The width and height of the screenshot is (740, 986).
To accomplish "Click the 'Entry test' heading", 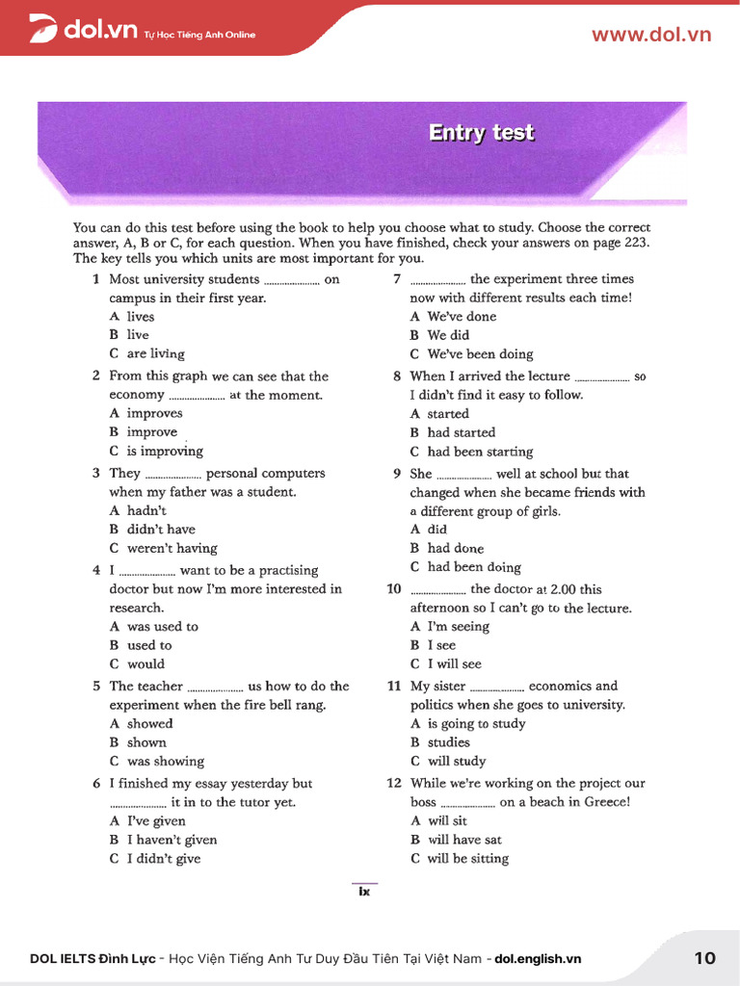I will (x=481, y=133).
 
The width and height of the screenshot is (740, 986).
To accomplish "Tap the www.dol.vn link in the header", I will (x=650, y=35).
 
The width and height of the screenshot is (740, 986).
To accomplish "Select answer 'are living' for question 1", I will (x=155, y=353).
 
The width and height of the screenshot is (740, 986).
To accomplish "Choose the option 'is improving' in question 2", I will (x=164, y=451).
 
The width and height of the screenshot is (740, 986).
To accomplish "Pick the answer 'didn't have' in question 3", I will (x=160, y=529).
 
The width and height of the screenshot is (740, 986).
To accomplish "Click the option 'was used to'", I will (x=162, y=626).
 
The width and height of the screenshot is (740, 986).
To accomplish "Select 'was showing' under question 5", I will (x=165, y=761).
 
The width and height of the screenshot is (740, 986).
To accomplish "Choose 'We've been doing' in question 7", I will (x=480, y=353).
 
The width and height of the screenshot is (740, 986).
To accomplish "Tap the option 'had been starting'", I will (x=480, y=452).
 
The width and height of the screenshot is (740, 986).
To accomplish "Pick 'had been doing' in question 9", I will (x=473, y=567).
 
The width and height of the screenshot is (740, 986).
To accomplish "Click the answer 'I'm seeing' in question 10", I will (x=458, y=626).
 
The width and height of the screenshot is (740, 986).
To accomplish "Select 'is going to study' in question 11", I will (x=476, y=723).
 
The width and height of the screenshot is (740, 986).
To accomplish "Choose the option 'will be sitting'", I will (x=467, y=858).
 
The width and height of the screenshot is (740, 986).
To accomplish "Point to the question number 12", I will (x=394, y=783).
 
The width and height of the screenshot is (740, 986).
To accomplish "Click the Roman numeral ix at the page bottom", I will (x=364, y=892).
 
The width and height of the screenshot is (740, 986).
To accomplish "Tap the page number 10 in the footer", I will (x=704, y=957).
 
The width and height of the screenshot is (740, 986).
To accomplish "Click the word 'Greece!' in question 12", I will (x=607, y=801).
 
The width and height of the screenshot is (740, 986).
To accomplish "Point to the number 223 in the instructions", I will (x=635, y=243).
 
